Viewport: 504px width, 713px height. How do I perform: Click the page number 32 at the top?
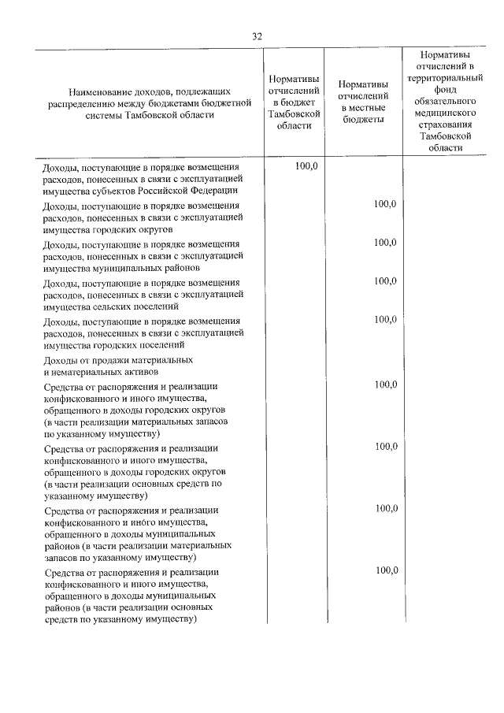[257, 37]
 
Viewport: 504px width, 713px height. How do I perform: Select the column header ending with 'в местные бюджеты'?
[362, 102]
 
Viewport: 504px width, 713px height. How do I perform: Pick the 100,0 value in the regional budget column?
[306, 166]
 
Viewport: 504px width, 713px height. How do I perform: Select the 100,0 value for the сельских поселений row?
[385, 280]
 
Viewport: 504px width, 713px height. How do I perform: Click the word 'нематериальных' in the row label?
[84, 371]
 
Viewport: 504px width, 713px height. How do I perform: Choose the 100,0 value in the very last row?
[385, 570]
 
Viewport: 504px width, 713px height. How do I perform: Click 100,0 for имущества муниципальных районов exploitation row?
[385, 243]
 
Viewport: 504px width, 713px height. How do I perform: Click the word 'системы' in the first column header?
[103, 113]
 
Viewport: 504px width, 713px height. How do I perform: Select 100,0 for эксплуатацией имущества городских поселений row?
[385, 319]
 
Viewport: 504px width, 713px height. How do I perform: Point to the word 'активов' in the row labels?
[140, 371]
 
